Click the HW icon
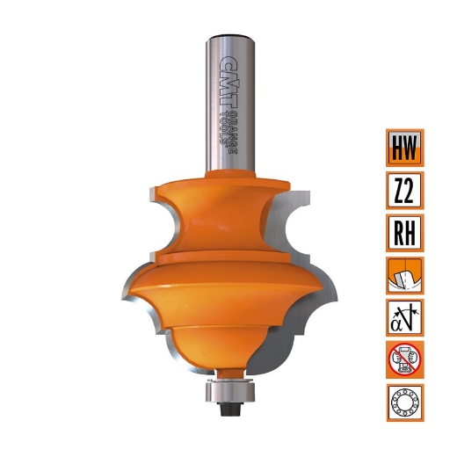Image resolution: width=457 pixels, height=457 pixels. [404, 148]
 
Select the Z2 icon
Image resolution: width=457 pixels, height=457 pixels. [404, 190]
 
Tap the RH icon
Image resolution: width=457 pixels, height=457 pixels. [404, 232]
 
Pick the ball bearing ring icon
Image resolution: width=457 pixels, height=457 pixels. [404, 403]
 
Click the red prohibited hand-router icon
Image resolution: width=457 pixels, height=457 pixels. [404, 360]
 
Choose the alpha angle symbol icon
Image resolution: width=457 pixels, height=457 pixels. [404, 317]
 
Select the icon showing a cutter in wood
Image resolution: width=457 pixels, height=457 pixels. [404, 275]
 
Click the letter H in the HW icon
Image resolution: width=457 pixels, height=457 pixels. [396, 148]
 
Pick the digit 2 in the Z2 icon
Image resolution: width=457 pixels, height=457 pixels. [412, 190]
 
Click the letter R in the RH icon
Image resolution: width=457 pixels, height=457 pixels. [396, 232]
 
